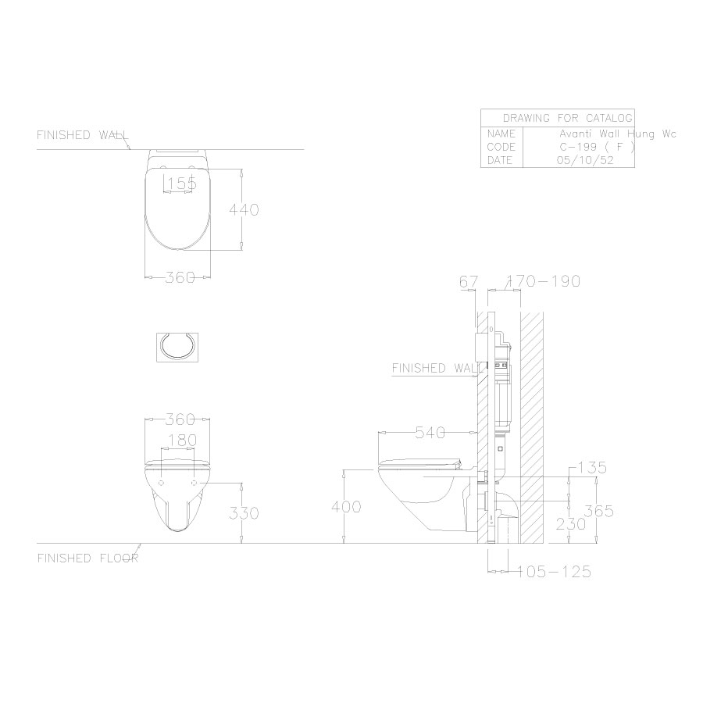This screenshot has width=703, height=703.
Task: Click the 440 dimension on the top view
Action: point(243,209)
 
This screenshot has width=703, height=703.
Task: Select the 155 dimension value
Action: point(181,184)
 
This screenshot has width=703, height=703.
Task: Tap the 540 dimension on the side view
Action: point(431,431)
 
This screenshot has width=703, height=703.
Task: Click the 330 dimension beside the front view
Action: point(243,513)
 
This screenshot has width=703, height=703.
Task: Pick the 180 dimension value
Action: point(181,441)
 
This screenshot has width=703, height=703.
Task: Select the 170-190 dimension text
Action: point(544,281)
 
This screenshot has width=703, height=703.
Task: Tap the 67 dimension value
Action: point(468,281)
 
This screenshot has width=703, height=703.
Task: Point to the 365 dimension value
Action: point(598,512)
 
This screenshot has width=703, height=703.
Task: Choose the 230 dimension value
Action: point(570,525)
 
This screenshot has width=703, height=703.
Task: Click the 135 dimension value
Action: point(591,468)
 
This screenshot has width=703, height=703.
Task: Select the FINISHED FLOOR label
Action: point(87,558)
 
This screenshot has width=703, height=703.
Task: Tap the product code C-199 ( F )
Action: point(596,147)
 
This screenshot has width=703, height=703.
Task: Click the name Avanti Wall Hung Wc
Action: point(622,134)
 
